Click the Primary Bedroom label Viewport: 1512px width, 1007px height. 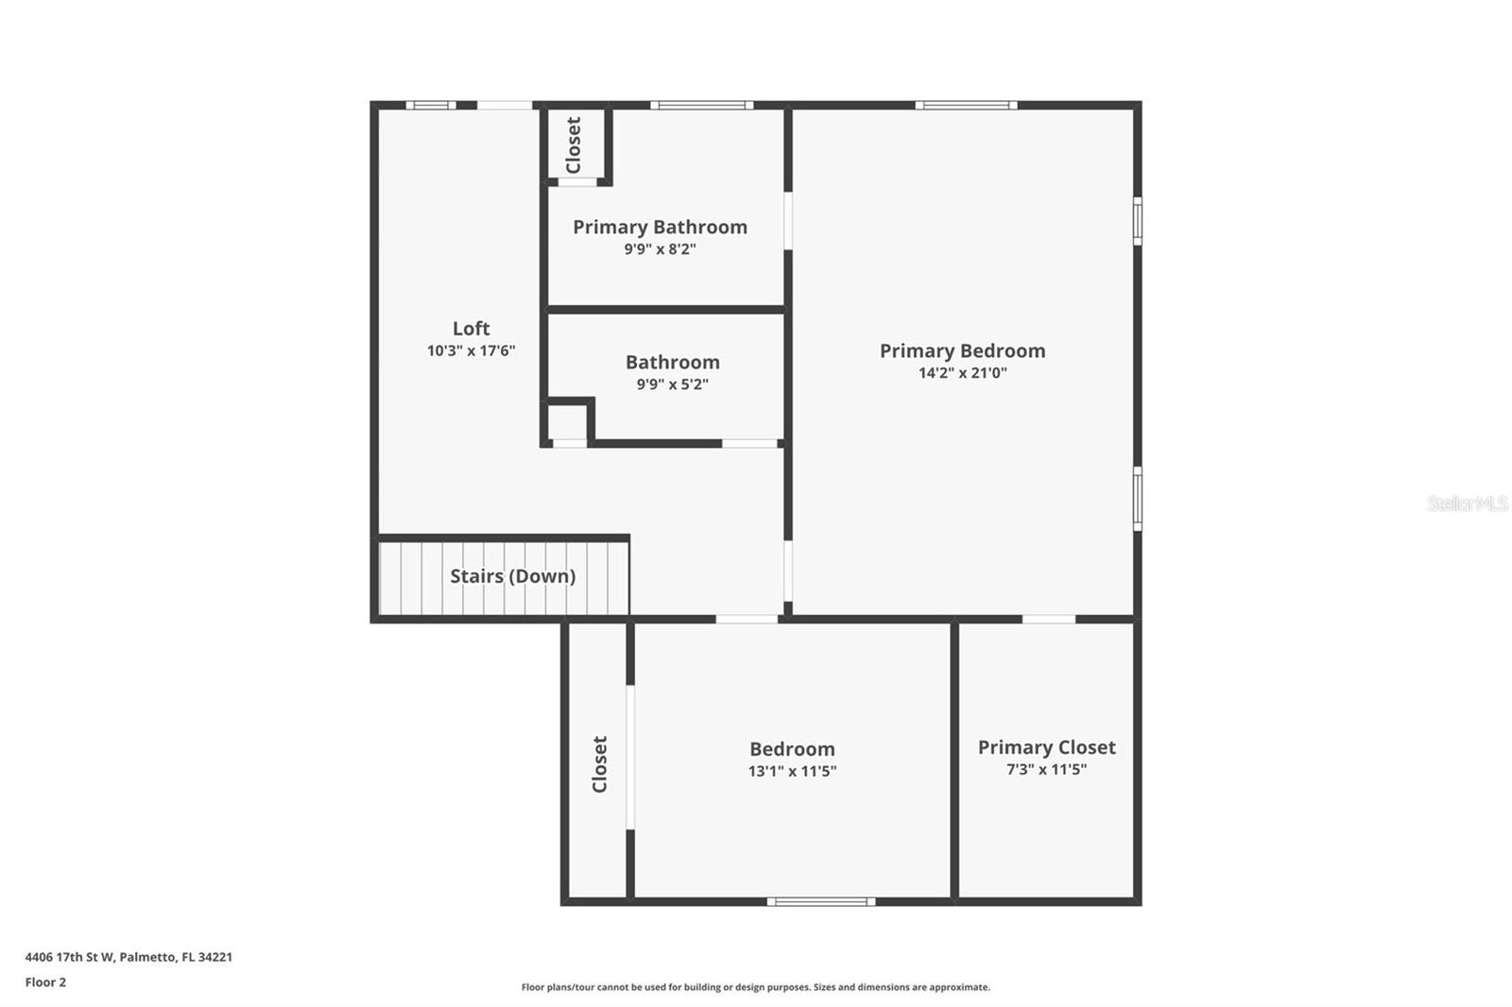pos(962,350)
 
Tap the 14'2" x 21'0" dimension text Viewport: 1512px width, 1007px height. pos(962,373)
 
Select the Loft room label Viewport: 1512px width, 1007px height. pos(471,328)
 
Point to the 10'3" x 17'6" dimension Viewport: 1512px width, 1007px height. pos(471,350)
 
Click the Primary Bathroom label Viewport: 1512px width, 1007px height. pos(660,227)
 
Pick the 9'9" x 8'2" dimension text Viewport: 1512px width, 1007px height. pos(660,249)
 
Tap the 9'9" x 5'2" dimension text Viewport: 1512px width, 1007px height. pos(672,384)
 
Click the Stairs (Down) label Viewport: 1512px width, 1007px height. pos(512,576)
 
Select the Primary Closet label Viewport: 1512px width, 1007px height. pos(1046,747)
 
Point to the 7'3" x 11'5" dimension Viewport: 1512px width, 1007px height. pos(1046,770)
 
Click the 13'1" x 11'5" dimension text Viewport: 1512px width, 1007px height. pos(792,771)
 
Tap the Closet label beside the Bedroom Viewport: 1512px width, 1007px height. pos(599,764)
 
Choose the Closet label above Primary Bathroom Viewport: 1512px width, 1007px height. pos(573,145)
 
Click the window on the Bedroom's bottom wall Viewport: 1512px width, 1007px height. pos(820,901)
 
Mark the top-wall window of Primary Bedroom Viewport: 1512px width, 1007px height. pos(966,105)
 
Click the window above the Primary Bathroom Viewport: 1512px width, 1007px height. pos(701,105)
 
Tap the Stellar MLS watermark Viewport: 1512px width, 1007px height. pos(1467,503)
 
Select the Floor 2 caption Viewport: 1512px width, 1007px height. pos(45,982)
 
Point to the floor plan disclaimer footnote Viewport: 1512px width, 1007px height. pos(755,987)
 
